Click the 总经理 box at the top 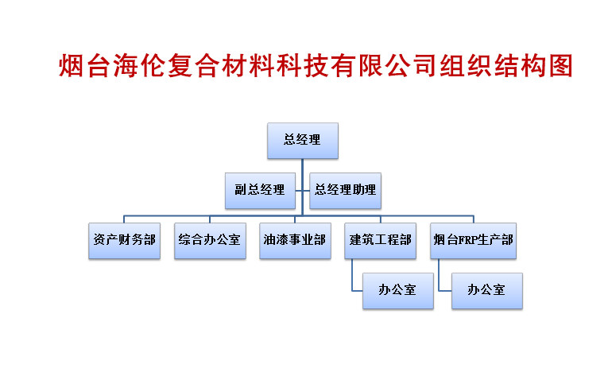[x=303, y=141]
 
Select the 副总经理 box [x=260, y=191]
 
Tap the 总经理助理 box [x=345, y=191]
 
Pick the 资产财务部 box [x=124, y=241]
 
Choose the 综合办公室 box [x=210, y=241]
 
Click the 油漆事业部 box [x=295, y=241]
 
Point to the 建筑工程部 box [x=381, y=241]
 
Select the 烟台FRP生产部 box [x=473, y=241]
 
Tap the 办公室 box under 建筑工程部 [x=398, y=291]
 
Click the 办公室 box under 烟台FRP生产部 [x=487, y=291]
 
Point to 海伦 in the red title [x=139, y=65]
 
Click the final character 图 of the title [x=560, y=65]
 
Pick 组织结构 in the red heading [x=493, y=65]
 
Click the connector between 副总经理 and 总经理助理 [x=303, y=191]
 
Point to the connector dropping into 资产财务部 [x=124, y=219]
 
